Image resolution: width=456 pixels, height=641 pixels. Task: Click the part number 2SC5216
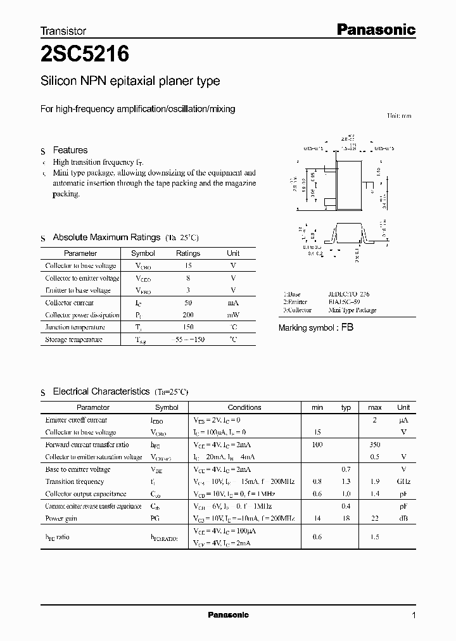click(x=85, y=55)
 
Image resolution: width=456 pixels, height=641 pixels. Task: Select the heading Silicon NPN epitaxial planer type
click(x=130, y=81)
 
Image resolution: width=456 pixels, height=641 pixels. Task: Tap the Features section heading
click(x=70, y=150)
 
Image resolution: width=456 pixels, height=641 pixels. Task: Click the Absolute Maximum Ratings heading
click(x=106, y=238)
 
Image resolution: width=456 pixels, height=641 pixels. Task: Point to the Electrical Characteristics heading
click(x=101, y=392)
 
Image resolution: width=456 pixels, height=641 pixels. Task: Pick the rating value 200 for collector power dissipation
click(x=188, y=315)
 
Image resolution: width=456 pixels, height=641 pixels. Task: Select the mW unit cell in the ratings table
click(x=233, y=315)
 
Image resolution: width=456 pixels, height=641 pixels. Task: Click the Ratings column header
click(x=188, y=253)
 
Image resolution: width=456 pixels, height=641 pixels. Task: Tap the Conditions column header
click(x=244, y=408)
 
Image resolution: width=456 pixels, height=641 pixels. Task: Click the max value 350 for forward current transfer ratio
click(x=374, y=445)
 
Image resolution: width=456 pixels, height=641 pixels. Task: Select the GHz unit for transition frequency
click(x=403, y=481)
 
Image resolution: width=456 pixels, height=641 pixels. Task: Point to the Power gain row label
click(x=62, y=518)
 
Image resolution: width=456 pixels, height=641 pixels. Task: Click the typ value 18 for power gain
click(x=346, y=518)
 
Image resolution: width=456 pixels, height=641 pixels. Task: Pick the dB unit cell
click(x=403, y=518)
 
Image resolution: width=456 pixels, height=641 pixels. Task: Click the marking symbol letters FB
click(x=348, y=328)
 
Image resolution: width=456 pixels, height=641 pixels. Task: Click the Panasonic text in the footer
click(x=228, y=615)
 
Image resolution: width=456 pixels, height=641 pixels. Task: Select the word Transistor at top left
click(x=63, y=30)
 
